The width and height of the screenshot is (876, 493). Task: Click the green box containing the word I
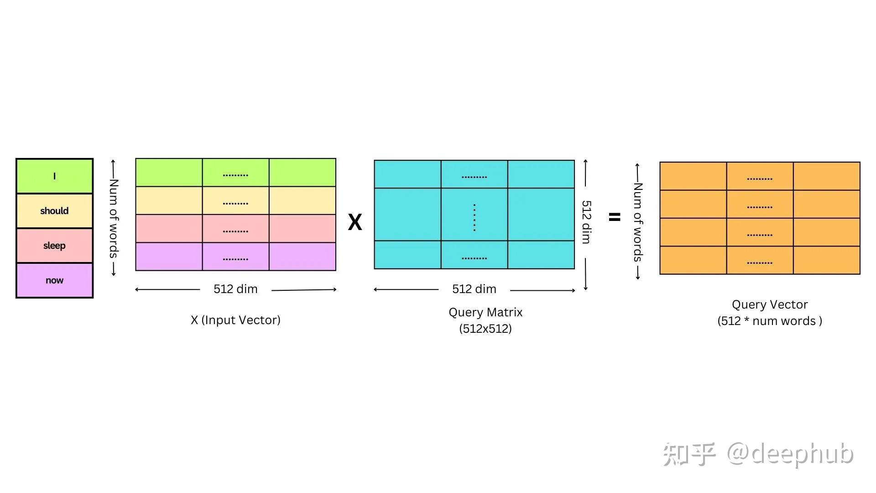54,176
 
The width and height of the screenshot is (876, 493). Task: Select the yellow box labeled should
54,211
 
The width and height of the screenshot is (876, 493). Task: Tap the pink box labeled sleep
54,246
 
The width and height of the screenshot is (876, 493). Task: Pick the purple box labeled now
54,280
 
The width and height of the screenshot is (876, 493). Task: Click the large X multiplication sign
355,222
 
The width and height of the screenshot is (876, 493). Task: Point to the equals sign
615,217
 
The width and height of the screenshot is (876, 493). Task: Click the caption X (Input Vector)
235,320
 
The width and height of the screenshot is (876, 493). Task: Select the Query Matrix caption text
485,312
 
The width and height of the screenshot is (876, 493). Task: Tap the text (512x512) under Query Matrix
485,329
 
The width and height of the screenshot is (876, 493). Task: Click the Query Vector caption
770,304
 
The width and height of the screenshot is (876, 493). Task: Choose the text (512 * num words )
770,321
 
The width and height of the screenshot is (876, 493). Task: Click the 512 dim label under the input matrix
235,289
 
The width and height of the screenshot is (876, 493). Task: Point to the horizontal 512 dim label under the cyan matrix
474,289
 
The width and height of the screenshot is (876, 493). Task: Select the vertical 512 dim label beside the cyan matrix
586,222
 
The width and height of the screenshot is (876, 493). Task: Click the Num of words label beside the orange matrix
638,222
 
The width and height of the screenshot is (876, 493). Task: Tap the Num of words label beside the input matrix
114,218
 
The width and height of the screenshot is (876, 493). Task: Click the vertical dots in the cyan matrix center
474,217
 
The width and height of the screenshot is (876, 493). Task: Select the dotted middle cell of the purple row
235,257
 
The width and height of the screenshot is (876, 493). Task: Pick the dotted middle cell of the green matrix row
235,173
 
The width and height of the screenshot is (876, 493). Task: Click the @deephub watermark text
790,454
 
